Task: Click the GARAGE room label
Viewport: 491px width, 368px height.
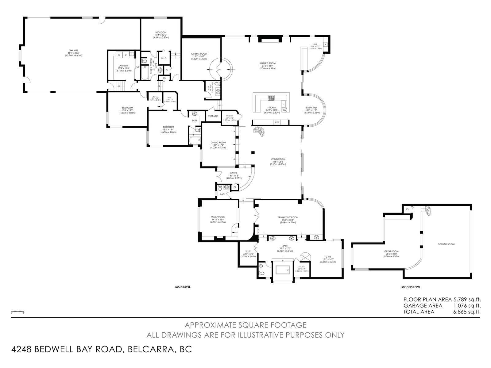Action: coord(73,51)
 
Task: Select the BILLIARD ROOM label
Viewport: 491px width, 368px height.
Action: coord(267,63)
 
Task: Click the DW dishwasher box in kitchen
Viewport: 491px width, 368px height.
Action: coord(284,110)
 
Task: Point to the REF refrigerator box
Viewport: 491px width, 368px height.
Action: coord(277,122)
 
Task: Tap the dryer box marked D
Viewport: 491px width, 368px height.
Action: coord(126,55)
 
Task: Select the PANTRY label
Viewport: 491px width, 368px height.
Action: coord(229,116)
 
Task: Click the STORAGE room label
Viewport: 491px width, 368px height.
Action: coord(213,116)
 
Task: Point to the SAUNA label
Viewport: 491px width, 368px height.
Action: coord(301,266)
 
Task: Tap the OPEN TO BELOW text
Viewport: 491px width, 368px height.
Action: coord(446,244)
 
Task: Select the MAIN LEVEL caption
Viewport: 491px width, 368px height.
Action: coord(183,287)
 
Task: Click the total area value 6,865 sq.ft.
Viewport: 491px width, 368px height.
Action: coord(466,312)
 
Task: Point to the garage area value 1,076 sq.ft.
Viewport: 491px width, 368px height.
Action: coord(466,306)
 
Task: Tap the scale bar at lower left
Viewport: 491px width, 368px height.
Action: coord(17,311)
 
